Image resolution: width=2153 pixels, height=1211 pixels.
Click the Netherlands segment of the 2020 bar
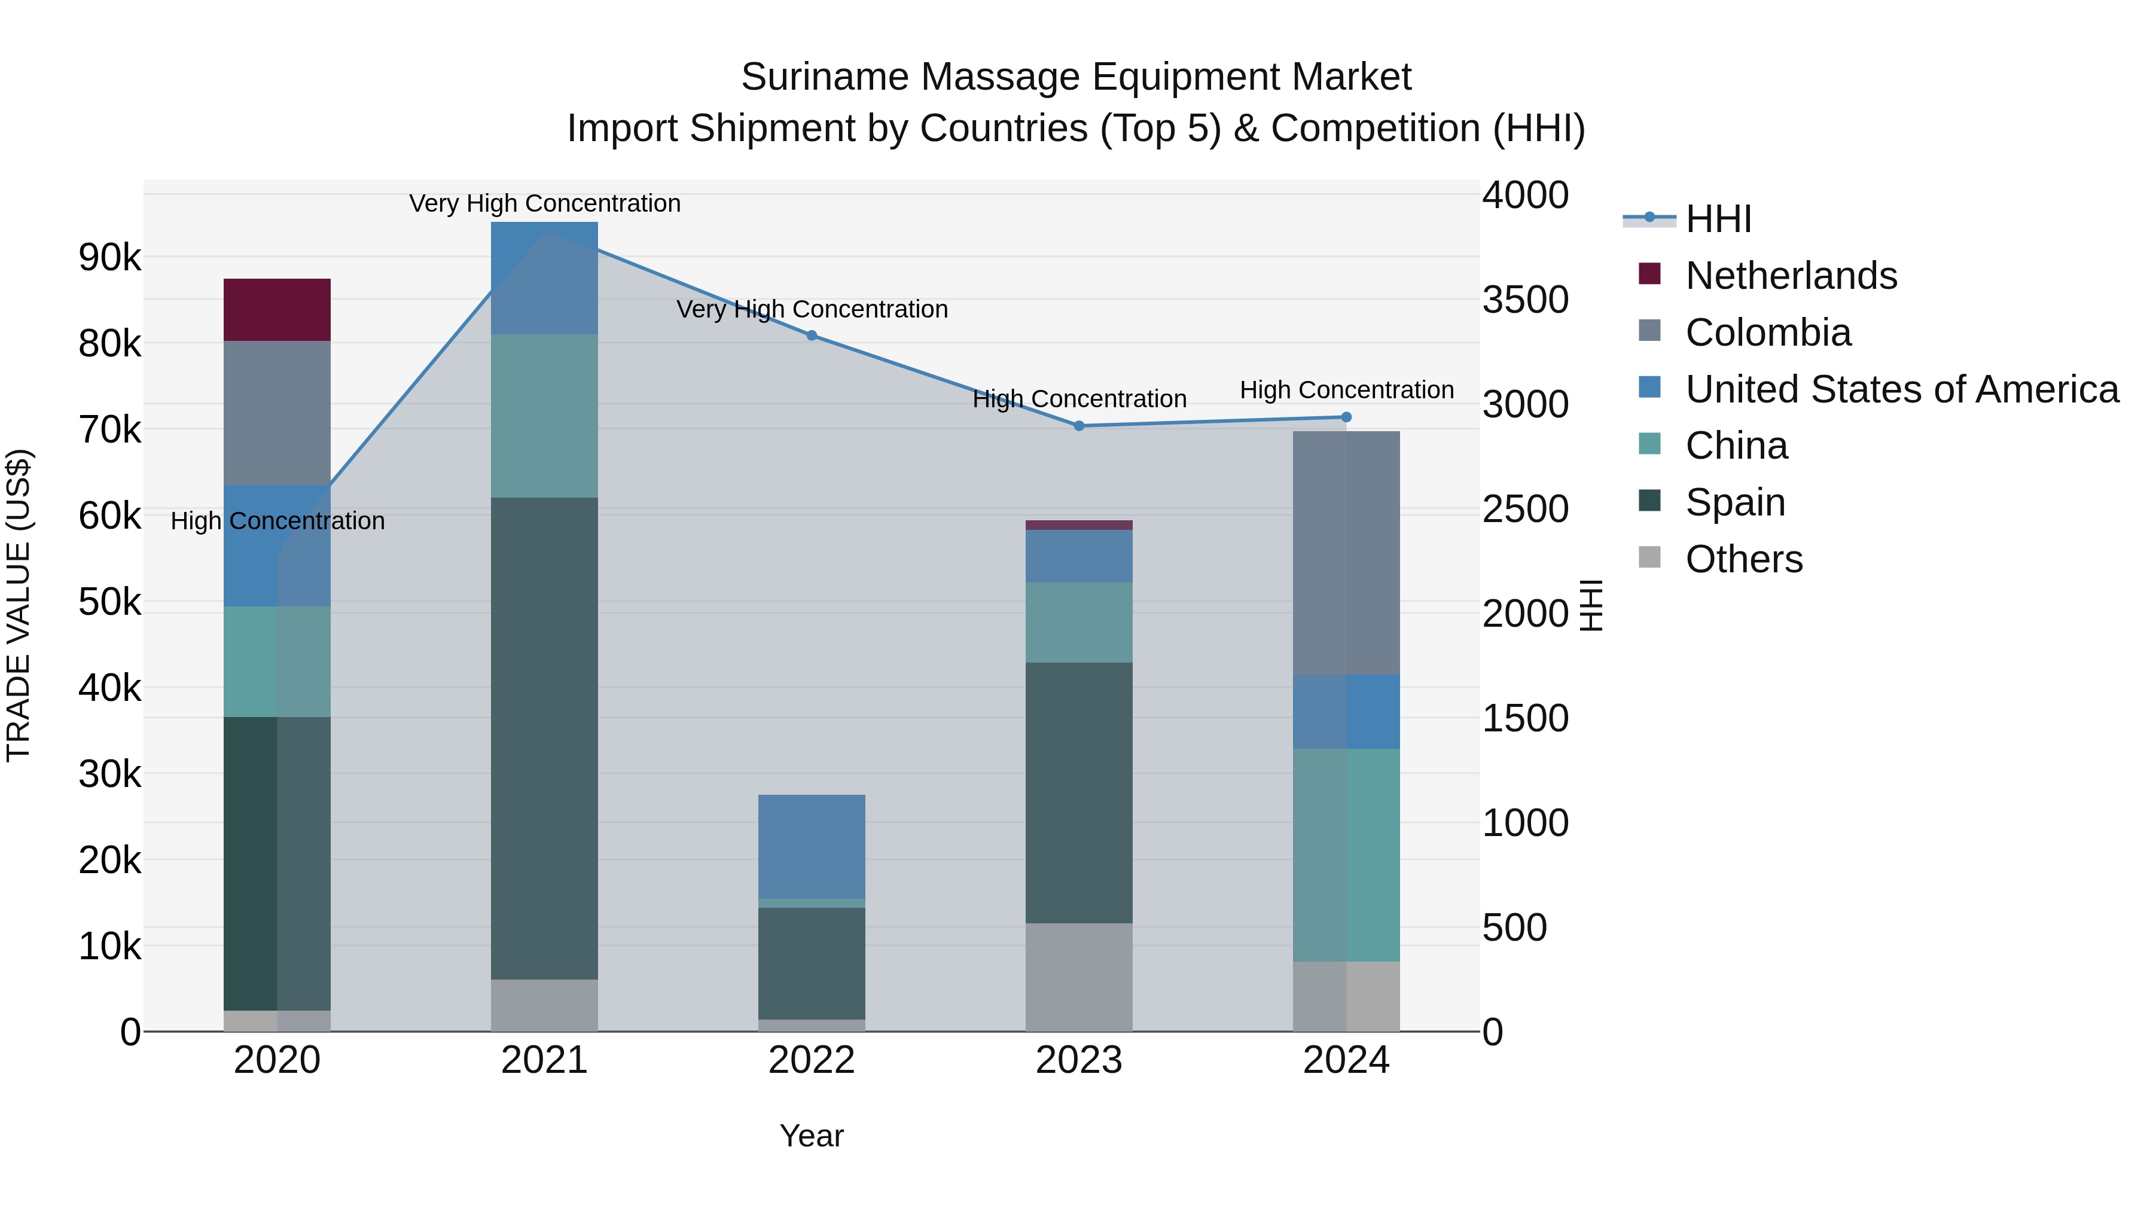[277, 309]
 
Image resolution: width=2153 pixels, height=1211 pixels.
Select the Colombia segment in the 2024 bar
[1346, 553]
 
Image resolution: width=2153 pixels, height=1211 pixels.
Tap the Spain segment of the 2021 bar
[544, 738]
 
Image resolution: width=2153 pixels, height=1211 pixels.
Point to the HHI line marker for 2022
[812, 335]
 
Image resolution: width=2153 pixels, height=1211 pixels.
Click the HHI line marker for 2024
[1346, 417]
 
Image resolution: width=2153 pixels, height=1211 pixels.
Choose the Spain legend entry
[1734, 502]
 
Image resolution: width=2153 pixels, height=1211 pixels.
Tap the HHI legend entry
[1718, 219]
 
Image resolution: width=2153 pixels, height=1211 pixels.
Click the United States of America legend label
[1901, 389]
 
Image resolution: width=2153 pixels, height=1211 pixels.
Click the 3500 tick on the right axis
[1525, 300]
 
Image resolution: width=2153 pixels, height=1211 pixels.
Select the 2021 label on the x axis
[544, 1060]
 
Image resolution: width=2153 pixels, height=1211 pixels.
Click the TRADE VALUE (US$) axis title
[19, 605]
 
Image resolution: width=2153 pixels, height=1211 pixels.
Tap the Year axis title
[811, 1136]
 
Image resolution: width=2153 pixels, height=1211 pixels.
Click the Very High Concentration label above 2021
[544, 203]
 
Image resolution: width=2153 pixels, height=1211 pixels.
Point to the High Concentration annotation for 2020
[277, 521]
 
